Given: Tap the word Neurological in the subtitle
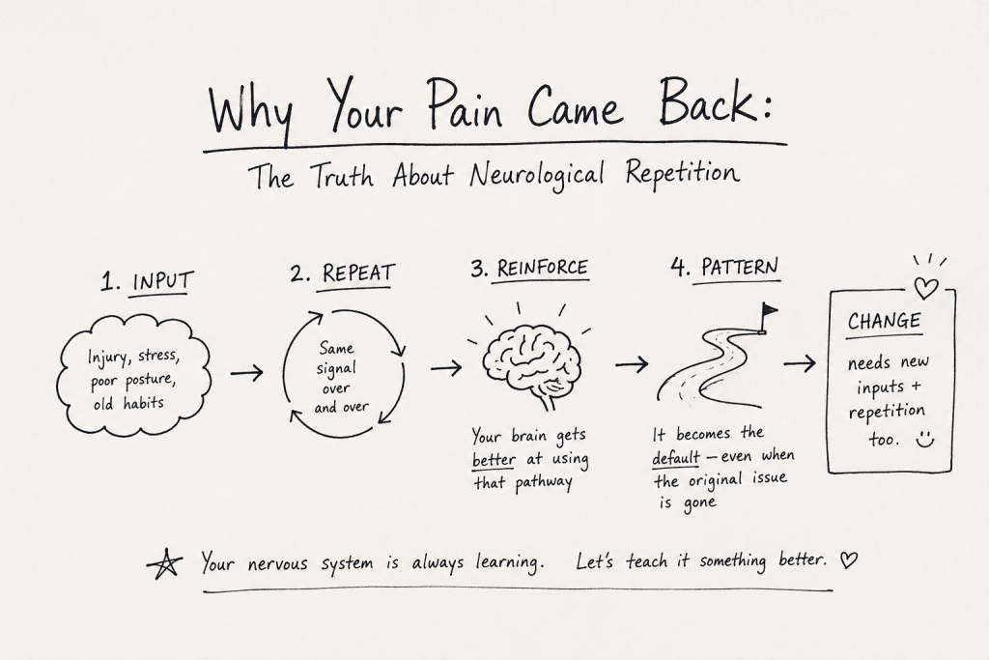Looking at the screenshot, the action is pos(537,174).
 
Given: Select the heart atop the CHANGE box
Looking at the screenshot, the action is pos(926,288).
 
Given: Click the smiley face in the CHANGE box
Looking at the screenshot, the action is pos(924,439).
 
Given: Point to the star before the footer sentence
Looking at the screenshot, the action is pos(164,562).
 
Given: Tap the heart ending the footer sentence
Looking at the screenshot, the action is pos(850,560).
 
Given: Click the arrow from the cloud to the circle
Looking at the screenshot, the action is pos(246,373).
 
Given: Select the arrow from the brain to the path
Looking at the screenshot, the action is pos(632,364).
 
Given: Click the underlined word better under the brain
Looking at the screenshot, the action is pos(494,460).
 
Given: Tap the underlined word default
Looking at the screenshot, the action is pos(675,457).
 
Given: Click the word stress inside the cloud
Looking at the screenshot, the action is pos(158,357).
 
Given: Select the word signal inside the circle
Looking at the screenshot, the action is pos(336,368).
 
